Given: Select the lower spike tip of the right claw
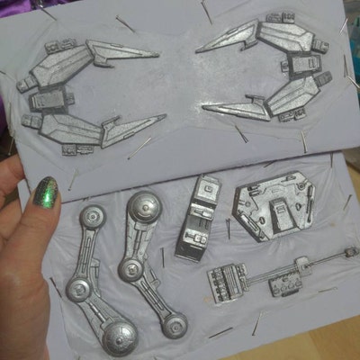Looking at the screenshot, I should pyautogui.click(x=205, y=109).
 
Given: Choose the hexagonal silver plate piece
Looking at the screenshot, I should pyautogui.click(x=272, y=210).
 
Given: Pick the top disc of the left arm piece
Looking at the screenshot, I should pyautogui.click(x=94, y=217).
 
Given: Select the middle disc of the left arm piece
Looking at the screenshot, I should pyautogui.click(x=79, y=288).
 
